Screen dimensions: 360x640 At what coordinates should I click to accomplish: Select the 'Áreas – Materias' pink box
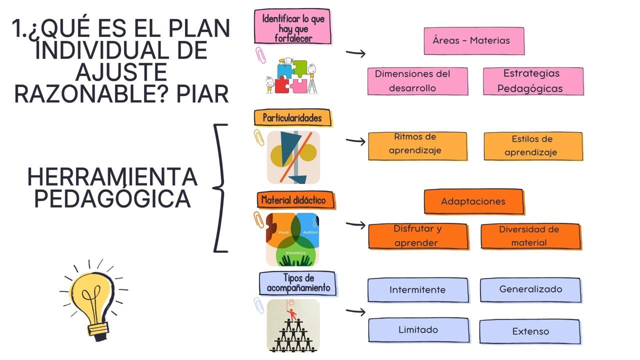474,40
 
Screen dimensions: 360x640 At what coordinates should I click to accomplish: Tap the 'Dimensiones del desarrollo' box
417,81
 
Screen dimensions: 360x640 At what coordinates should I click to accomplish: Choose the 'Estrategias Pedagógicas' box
533,81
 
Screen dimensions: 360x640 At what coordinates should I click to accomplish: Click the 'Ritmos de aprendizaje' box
417,145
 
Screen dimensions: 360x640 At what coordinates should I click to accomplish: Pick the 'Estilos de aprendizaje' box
533,146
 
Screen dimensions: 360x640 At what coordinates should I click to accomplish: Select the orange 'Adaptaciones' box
473,201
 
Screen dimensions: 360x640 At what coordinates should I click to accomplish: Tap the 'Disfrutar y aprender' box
418,236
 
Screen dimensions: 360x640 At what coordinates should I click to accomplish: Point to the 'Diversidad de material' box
530,236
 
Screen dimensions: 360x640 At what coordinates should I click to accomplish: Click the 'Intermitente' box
418,290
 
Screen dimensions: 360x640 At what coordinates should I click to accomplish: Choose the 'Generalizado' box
530,289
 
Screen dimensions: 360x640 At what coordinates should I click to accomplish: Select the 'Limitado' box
418,330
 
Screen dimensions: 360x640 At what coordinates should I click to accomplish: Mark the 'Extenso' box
530,331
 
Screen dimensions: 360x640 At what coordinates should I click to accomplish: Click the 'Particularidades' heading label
292,118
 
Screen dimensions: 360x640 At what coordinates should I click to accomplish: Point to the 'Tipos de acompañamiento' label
298,283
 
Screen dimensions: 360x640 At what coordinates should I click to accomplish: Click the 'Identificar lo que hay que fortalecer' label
293,26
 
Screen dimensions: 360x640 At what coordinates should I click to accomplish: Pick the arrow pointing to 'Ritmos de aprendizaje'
355,141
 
